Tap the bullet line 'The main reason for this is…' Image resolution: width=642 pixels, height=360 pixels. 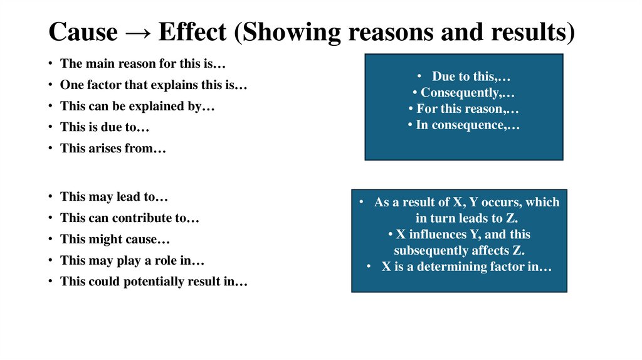click(x=143, y=63)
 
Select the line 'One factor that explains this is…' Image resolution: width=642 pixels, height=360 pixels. click(x=154, y=85)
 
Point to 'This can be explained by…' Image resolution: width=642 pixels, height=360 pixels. click(x=137, y=106)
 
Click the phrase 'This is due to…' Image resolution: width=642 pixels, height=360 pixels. click(x=105, y=127)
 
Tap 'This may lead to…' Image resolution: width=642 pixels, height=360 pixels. click(x=114, y=196)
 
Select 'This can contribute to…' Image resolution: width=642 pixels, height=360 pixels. click(x=129, y=218)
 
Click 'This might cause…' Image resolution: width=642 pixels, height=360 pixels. click(x=115, y=239)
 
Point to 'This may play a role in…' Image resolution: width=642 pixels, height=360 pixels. click(x=132, y=260)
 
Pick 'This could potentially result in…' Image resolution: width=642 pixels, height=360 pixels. click(x=154, y=282)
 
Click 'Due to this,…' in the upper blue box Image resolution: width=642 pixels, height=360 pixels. click(x=471, y=77)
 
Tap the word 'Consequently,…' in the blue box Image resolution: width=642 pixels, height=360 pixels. click(x=464, y=93)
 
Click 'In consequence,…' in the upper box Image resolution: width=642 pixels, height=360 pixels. click(x=464, y=125)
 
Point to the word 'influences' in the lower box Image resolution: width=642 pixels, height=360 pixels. click(x=439, y=235)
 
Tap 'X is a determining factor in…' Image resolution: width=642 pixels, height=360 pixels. click(x=466, y=267)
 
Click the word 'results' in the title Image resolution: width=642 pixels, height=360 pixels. click(x=530, y=32)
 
